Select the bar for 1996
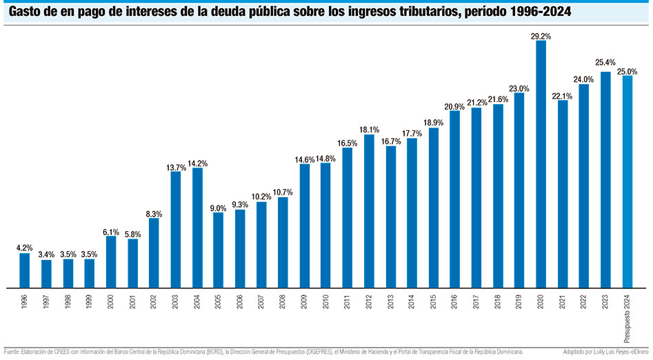coord(25,270)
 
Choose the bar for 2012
coord(369,210)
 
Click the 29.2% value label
coord(541,34)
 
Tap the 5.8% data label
coord(132,234)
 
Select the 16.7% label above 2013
coord(391,141)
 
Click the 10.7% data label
coord(283,192)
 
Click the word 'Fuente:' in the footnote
coord(14,352)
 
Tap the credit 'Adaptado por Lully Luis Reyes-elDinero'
coord(605,352)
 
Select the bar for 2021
coord(563,193)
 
